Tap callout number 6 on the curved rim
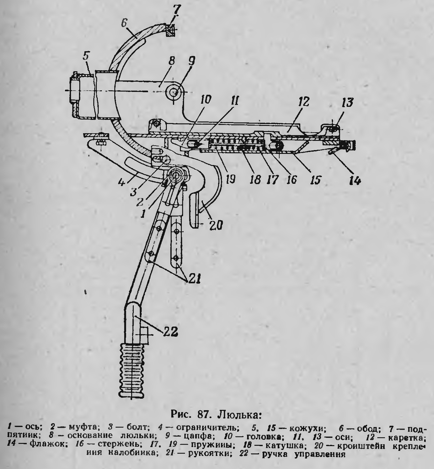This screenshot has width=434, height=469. tap(125, 24)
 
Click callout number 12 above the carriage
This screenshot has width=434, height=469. tap(303, 102)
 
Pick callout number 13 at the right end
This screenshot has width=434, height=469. tap(347, 103)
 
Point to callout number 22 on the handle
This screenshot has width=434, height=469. tap(170, 332)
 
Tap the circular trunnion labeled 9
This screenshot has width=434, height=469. tap(174, 93)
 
